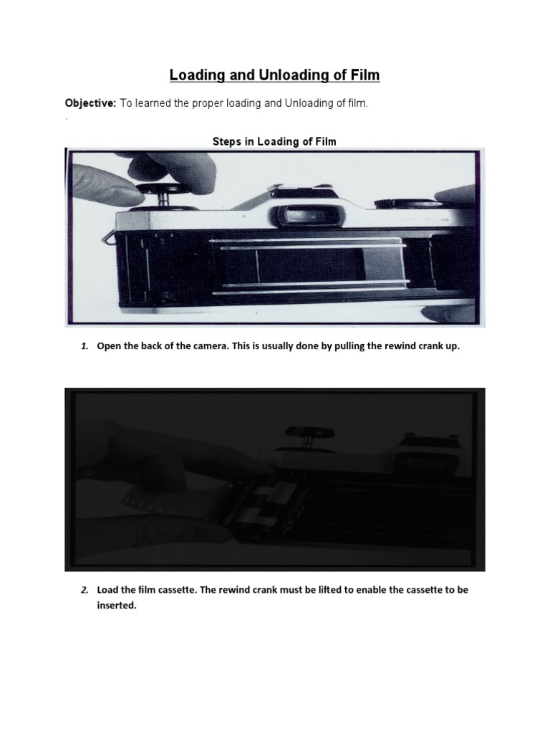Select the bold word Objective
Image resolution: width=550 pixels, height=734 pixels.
[90, 104]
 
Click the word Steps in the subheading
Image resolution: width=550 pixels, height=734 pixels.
[228, 142]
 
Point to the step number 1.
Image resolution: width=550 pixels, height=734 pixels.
[84, 346]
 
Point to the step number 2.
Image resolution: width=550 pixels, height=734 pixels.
[84, 590]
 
